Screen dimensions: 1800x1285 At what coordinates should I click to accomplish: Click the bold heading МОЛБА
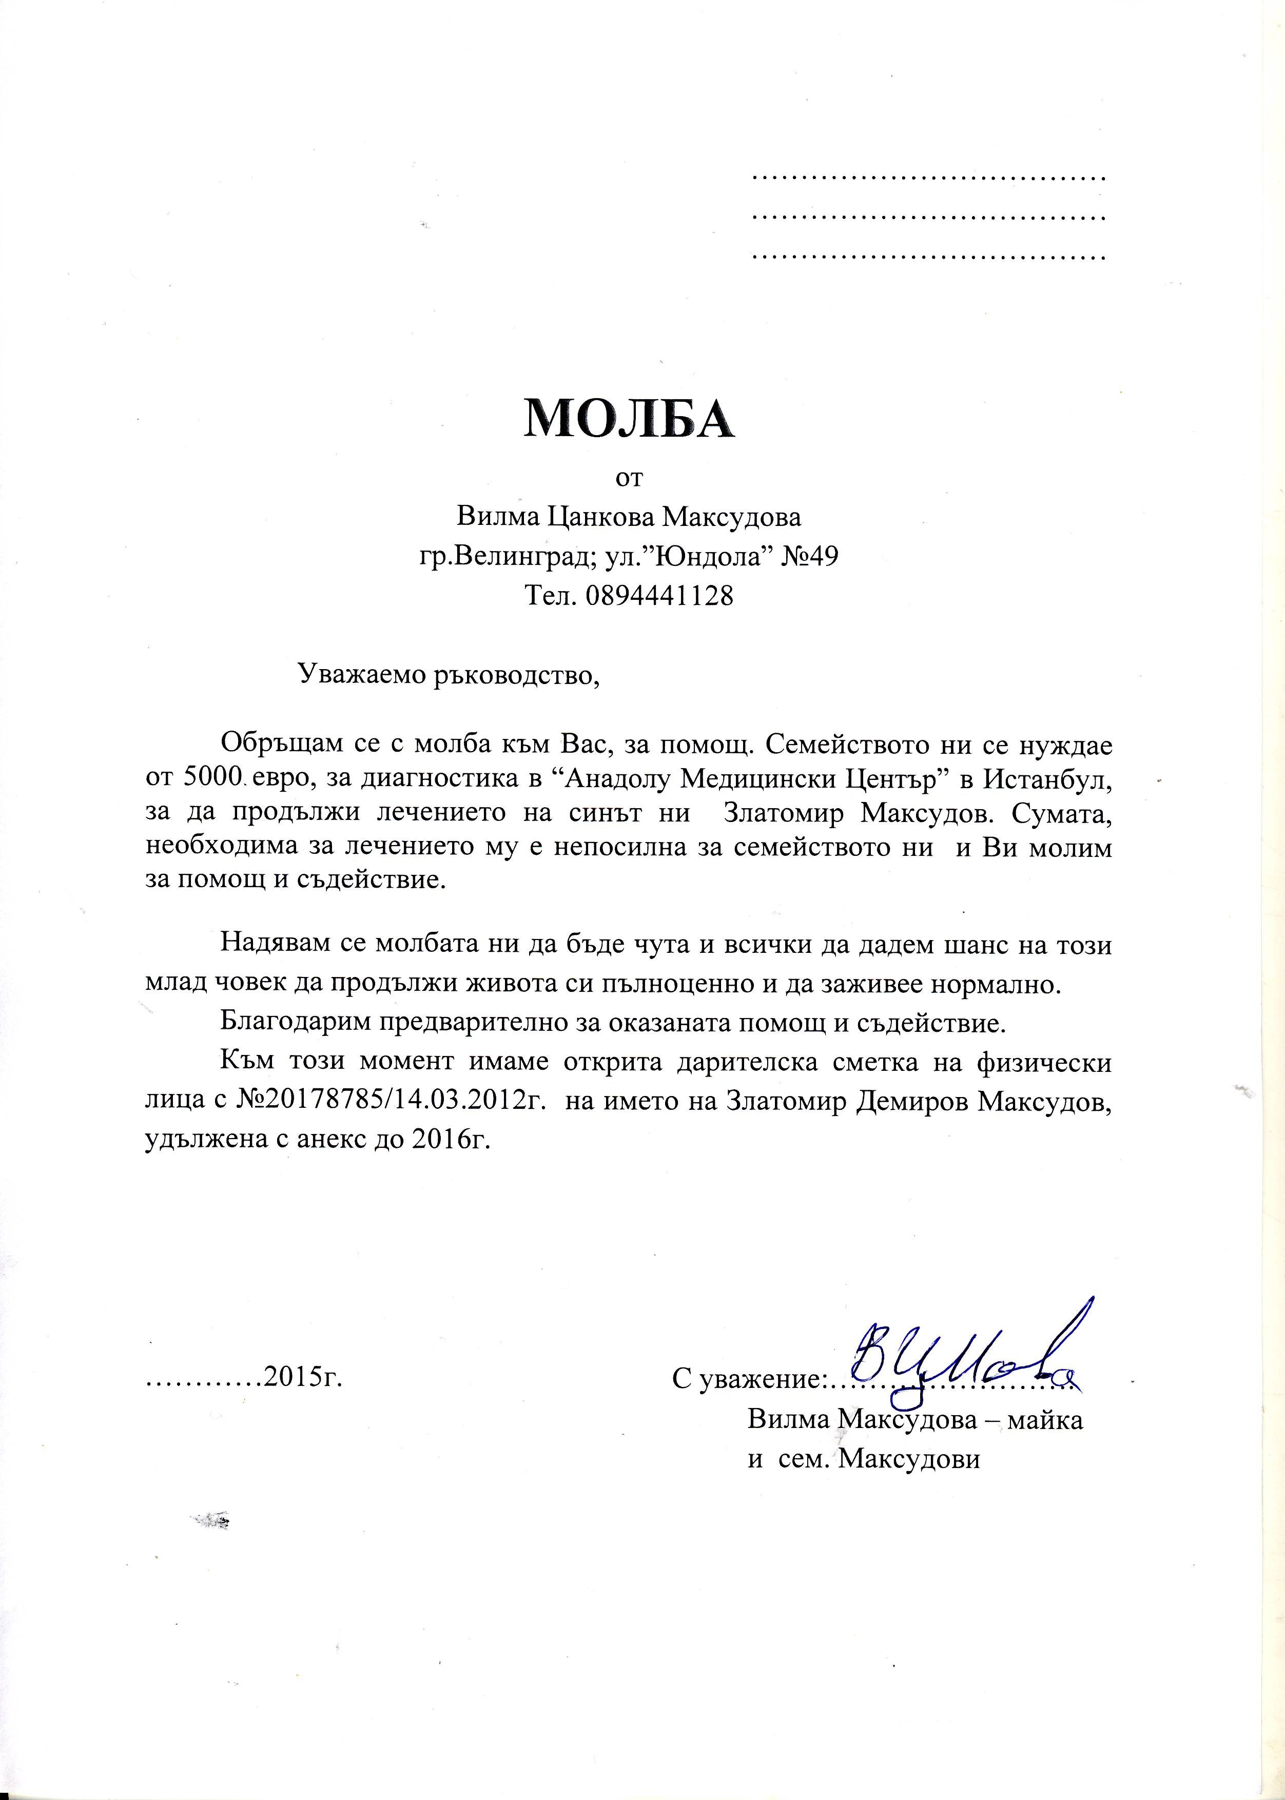coord(629,419)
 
